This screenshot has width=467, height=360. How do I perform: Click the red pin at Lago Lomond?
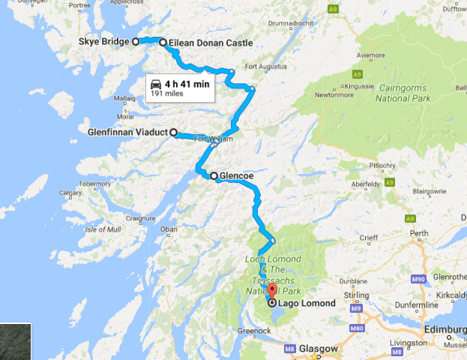click(x=271, y=291)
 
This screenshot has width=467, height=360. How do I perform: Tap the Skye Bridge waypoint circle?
click(x=136, y=42)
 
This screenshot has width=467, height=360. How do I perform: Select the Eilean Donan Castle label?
click(x=211, y=43)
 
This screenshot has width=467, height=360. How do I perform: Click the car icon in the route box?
click(x=155, y=84)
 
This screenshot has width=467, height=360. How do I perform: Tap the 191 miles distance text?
click(x=168, y=95)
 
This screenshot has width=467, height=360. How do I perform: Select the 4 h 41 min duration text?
click(x=187, y=84)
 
